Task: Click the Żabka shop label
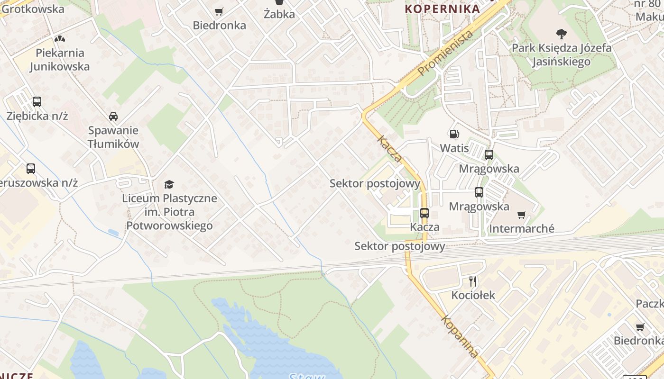279,14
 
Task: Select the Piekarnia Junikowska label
60,60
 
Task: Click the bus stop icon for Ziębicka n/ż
37,101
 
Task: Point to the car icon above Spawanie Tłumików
113,116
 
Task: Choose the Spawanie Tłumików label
113,137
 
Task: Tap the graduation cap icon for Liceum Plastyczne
169,184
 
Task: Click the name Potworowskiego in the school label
169,226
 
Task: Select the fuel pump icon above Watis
454,134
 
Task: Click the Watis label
454,148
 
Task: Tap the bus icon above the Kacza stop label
424,213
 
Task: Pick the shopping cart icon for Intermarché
522,215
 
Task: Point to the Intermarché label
521,229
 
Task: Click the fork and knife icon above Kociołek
473,281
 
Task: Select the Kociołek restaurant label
473,295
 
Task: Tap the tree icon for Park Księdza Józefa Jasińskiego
562,34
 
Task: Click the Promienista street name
446,53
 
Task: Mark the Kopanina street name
459,336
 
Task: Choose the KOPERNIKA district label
442,9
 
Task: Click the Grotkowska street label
33,9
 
